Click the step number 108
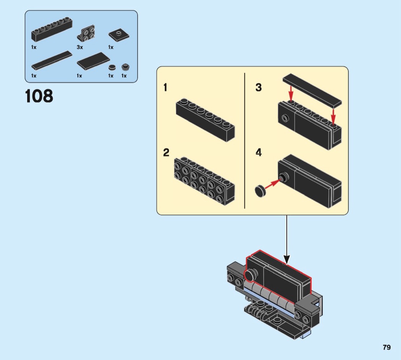tap(39, 96)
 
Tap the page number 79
tap(386, 347)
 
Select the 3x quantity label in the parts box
tap(80, 47)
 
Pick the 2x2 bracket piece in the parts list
tap(87, 34)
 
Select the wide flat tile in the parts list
tap(92, 61)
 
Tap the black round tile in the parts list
tap(112, 67)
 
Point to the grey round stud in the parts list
tap(125, 67)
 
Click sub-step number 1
tap(165, 88)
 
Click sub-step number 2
tap(166, 153)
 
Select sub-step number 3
tap(259, 88)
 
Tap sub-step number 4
tap(259, 153)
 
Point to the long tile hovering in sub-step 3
tap(312, 91)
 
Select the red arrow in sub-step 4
tap(272, 184)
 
